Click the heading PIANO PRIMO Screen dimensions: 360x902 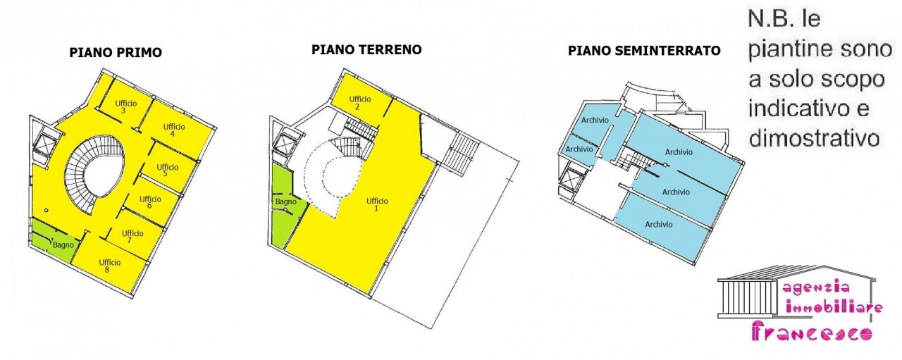click(116, 53)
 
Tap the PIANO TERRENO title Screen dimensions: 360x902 click(366, 50)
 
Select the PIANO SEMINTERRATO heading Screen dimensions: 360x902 click(644, 51)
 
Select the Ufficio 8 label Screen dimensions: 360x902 click(110, 266)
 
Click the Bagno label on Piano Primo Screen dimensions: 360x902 click(63, 245)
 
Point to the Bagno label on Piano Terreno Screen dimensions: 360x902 click(286, 202)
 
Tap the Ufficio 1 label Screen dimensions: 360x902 click(377, 204)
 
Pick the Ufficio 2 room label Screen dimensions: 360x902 click(359, 102)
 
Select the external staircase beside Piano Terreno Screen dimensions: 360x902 click(462, 150)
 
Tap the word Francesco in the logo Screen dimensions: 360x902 click(812, 332)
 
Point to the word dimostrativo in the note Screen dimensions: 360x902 click(814, 138)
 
